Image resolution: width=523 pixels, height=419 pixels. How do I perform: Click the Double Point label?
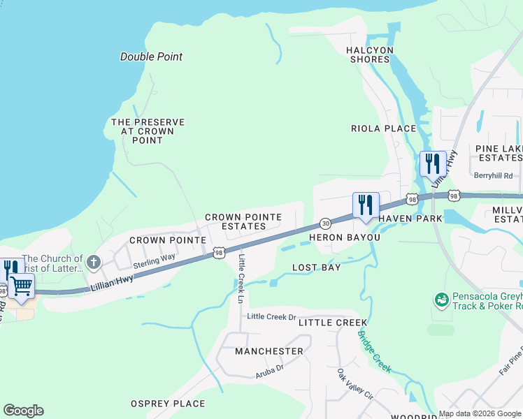coord(151,57)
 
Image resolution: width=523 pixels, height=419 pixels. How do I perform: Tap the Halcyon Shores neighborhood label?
coord(370,54)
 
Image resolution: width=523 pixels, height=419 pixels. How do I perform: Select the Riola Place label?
coord(383,128)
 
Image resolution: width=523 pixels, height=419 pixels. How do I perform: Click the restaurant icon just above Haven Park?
coord(366,206)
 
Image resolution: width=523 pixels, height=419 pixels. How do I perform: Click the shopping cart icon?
coord(21,286)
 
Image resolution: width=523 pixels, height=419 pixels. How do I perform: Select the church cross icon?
coord(94,263)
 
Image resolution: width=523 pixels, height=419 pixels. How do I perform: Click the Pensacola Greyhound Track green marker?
coord(441,300)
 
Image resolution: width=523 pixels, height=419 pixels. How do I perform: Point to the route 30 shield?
coord(325,223)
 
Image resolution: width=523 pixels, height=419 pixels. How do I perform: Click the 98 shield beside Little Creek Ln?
coord(219,253)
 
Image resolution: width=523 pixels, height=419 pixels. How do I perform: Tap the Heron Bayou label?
coord(341,237)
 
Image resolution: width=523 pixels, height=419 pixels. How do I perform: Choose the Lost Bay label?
coord(316,267)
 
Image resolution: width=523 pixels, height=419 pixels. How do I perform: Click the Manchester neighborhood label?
coord(269,351)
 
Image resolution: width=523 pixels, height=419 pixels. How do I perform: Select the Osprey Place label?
coord(168,404)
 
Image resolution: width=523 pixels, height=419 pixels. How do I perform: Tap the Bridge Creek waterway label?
coord(374,351)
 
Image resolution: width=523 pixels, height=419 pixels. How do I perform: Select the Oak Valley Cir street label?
coord(355,384)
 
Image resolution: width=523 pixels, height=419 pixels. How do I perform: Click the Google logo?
coord(23,411)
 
